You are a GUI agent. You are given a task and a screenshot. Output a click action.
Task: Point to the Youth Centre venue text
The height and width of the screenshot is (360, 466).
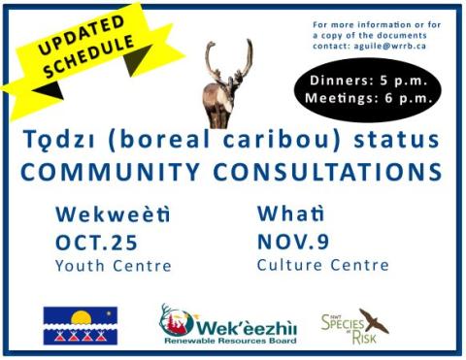[x=114, y=266]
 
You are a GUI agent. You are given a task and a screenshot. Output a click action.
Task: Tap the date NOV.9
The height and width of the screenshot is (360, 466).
[x=299, y=241]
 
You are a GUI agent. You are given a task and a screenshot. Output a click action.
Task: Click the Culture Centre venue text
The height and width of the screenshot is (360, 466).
[x=322, y=265]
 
